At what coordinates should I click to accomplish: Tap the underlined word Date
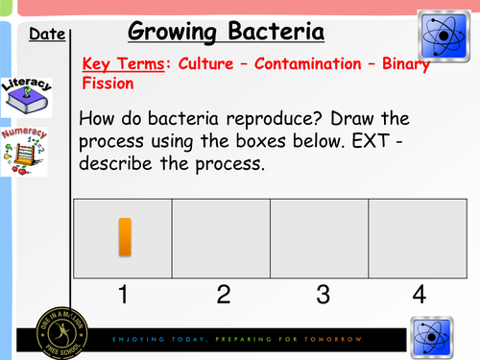coord(47,36)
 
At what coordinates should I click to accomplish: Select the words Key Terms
coord(119,65)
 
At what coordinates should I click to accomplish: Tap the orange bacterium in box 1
coord(124,237)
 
